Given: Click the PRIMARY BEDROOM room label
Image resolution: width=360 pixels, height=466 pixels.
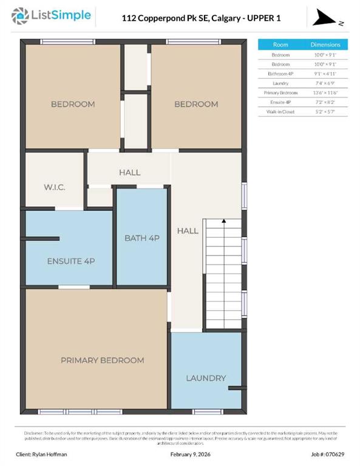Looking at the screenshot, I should (x=102, y=360).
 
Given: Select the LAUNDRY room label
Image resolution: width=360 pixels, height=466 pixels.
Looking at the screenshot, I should (x=206, y=378).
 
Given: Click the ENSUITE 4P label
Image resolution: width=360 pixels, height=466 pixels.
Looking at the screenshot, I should (x=70, y=261).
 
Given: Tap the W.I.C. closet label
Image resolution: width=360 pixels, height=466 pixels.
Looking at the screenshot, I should (x=54, y=187).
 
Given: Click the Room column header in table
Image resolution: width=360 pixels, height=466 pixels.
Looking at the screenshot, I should (x=280, y=45).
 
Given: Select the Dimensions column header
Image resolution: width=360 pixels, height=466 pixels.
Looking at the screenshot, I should (x=325, y=45).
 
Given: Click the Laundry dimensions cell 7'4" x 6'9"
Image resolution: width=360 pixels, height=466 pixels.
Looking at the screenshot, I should (x=325, y=83).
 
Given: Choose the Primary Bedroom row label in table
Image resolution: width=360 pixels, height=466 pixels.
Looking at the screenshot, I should (x=280, y=93).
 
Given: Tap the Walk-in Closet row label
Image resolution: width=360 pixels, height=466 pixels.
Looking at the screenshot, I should (x=280, y=112).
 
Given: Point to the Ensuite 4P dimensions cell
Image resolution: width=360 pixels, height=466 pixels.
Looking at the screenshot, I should (x=325, y=103).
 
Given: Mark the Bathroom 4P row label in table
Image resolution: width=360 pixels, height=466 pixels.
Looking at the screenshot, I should (x=280, y=73).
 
